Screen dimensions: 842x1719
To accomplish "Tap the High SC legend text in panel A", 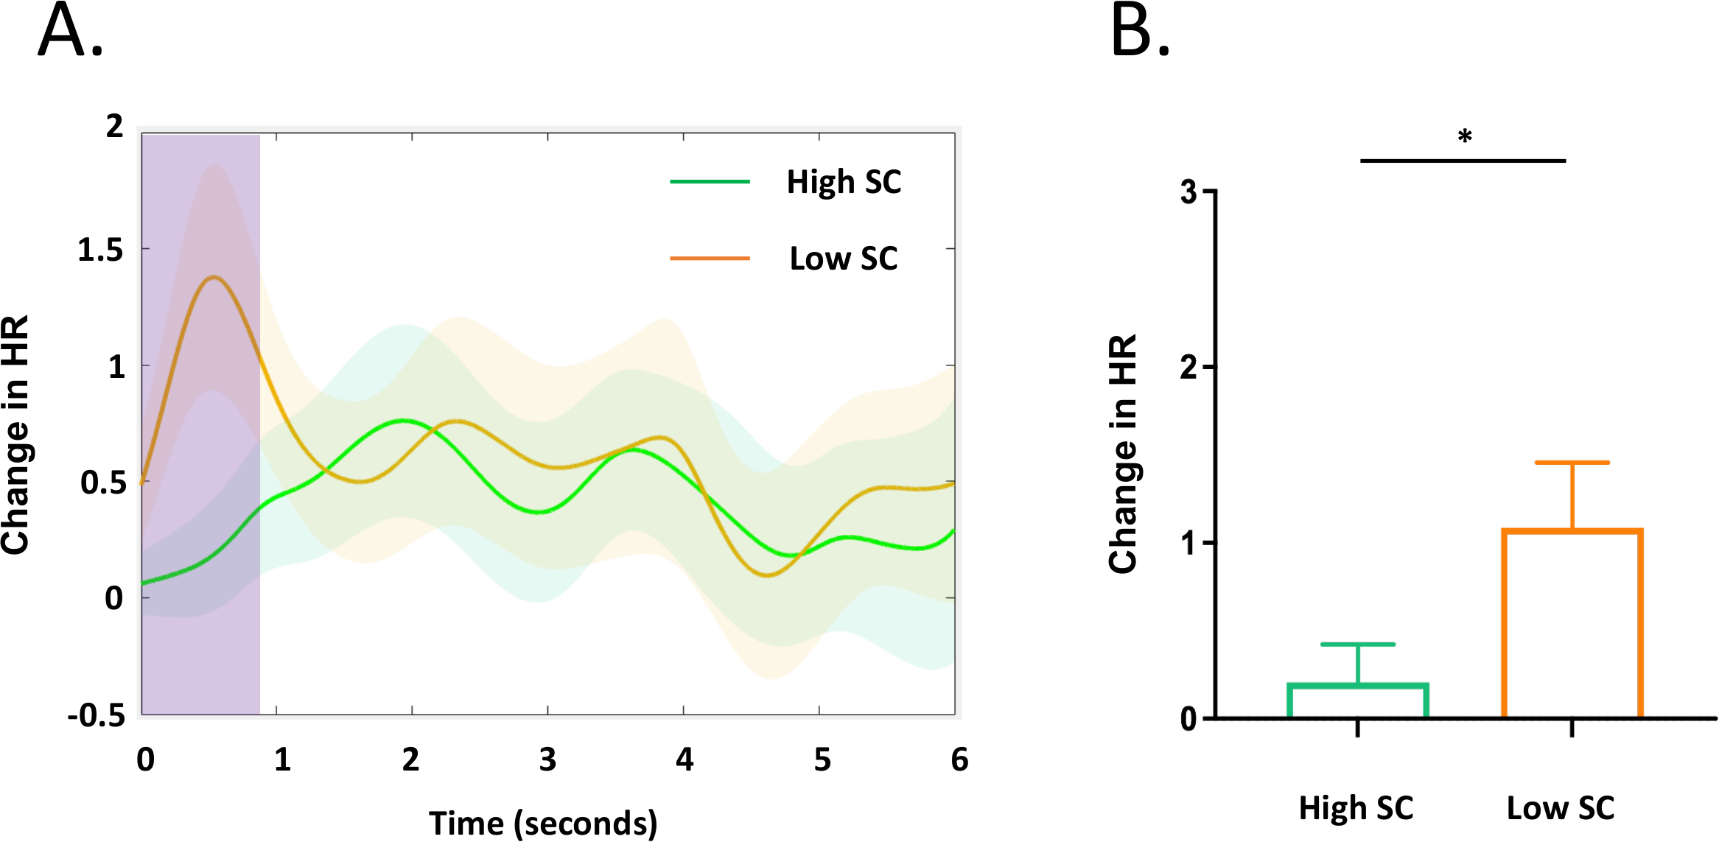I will [x=844, y=182].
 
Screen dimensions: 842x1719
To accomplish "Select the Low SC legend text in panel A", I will [x=844, y=259].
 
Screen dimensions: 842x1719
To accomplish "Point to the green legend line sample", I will [x=710, y=181].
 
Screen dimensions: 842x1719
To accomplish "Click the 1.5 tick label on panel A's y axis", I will [x=100, y=250].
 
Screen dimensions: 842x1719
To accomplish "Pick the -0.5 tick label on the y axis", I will [x=97, y=715].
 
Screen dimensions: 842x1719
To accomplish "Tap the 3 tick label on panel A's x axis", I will [x=547, y=759].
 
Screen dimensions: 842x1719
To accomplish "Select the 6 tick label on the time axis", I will [x=959, y=759].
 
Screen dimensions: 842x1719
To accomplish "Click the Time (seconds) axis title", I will [x=543, y=823].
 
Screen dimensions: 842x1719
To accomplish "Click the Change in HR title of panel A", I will [x=16, y=435].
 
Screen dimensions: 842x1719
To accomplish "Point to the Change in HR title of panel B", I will [x=1123, y=454].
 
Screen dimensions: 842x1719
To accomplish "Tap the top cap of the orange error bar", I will [x=1572, y=463].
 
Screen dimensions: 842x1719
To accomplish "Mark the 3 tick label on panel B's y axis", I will [x=1188, y=192].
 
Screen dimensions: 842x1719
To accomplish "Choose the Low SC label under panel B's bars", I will [x=1560, y=808].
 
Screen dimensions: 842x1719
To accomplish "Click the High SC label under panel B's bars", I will [x=1356, y=808].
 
